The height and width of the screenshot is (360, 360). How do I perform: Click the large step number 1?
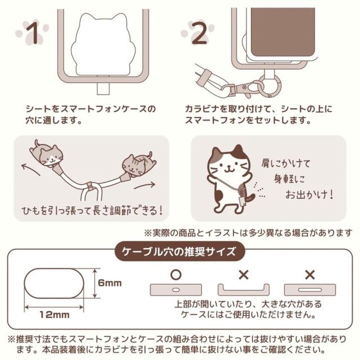point(33,33)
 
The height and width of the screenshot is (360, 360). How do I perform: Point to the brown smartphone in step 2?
point(282,31)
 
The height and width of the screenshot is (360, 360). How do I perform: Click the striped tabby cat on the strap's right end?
point(138,165)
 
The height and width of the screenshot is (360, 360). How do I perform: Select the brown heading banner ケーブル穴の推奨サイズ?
point(179,251)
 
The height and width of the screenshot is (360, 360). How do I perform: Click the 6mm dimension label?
point(110,283)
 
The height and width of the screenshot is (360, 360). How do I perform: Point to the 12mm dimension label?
point(55,314)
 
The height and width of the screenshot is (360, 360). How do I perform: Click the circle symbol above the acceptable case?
point(176,274)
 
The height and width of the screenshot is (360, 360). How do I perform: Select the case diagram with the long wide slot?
point(310,290)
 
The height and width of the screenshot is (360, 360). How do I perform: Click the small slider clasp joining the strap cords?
point(90,186)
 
